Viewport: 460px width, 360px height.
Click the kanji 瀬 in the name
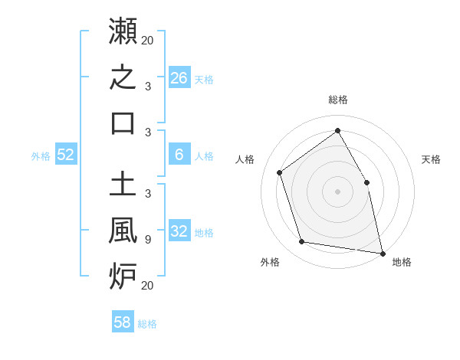click(123, 31)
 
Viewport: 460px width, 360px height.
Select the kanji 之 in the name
click(123, 77)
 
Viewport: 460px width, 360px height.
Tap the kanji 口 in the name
click(123, 123)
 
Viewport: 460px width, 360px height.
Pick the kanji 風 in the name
click(123, 230)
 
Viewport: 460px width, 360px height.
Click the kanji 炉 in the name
click(123, 277)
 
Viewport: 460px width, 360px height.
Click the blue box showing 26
click(179, 77)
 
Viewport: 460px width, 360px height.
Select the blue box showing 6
click(179, 154)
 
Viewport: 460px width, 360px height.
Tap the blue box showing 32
click(179, 230)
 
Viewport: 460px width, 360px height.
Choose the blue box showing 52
click(66, 154)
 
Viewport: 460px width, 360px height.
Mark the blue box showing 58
click(123, 321)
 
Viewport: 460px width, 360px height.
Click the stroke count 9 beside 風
click(148, 240)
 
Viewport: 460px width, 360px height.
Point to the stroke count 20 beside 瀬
click(147, 40)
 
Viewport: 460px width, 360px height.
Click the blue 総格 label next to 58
click(147, 324)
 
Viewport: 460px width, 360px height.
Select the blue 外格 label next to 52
click(41, 156)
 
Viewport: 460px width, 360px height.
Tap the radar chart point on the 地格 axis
click(383, 254)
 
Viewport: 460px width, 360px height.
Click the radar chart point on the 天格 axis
click(366, 182)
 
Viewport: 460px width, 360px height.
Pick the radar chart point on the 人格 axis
click(280, 172)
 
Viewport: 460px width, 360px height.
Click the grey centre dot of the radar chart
click(337, 191)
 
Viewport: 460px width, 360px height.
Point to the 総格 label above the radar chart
click(338, 100)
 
